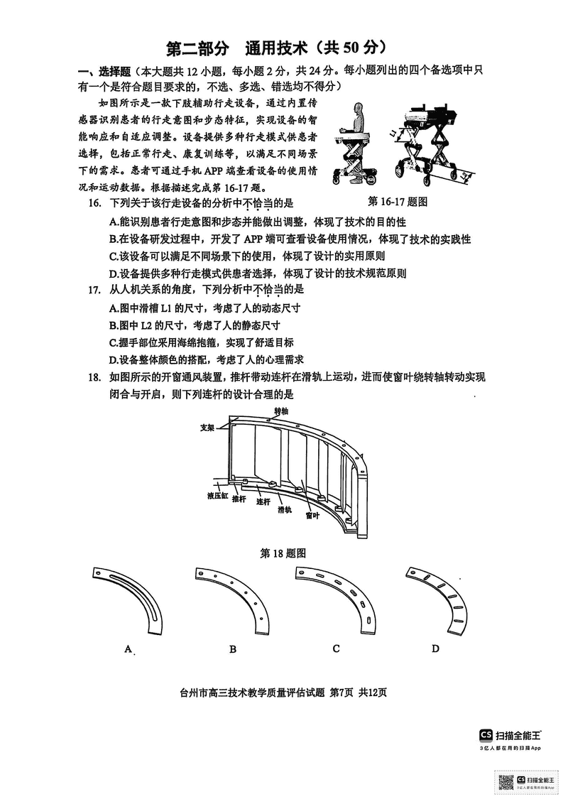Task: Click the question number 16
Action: coord(94,203)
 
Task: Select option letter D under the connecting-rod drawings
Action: coord(435,648)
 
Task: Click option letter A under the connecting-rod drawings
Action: coord(129,648)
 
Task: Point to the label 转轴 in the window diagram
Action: coord(280,411)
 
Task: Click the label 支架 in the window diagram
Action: coord(207,428)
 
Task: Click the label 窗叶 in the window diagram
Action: coord(312,516)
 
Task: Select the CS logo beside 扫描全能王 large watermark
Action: coord(486,734)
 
